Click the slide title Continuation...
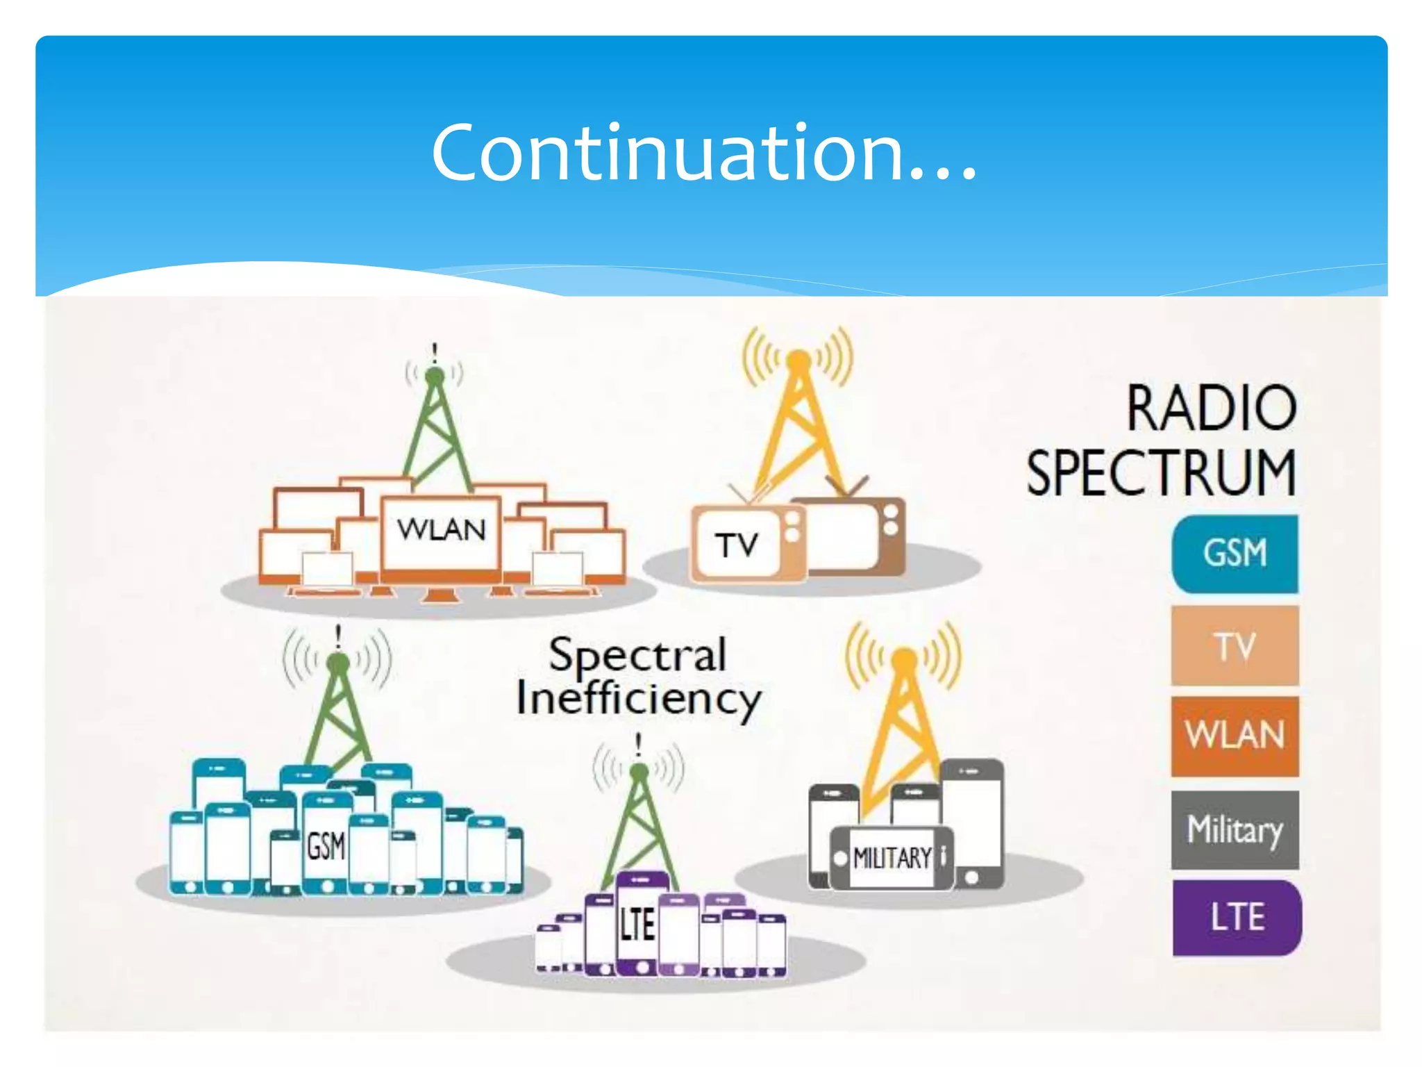(x=703, y=153)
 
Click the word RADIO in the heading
(x=1211, y=408)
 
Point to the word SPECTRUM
(x=1161, y=473)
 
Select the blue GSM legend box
(x=1235, y=554)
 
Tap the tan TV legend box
(x=1235, y=646)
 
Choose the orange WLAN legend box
(x=1235, y=736)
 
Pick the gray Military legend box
(x=1235, y=829)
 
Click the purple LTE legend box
(x=1237, y=918)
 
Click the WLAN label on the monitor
(x=441, y=531)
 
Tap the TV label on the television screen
(x=736, y=545)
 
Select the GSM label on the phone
(x=326, y=847)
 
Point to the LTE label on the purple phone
(x=637, y=925)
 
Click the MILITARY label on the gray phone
(x=892, y=859)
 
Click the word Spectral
(x=637, y=655)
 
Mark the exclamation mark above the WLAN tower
(x=435, y=352)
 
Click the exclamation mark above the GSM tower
(x=338, y=636)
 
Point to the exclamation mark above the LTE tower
(x=639, y=745)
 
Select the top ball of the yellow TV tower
(x=798, y=360)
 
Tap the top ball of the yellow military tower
(x=904, y=658)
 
